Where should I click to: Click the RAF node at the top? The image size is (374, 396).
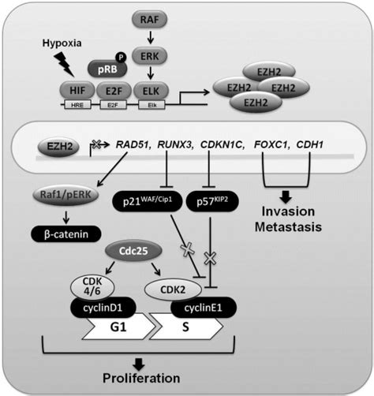[149, 20]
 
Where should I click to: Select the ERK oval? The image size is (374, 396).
[149, 56]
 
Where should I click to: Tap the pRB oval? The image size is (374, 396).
[107, 69]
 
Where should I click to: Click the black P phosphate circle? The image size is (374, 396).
[121, 57]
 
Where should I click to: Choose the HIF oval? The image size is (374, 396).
[77, 91]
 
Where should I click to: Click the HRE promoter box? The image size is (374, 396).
[77, 105]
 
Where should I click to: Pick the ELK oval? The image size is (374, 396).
[151, 91]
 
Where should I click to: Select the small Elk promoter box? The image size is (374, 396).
[152, 105]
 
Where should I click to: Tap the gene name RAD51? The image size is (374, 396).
[133, 144]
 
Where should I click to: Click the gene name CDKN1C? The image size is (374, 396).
[222, 144]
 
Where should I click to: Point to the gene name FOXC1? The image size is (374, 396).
[271, 144]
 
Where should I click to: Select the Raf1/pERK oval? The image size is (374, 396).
[65, 195]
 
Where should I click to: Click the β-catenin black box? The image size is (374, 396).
[66, 234]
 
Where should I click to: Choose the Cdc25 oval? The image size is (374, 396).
[133, 251]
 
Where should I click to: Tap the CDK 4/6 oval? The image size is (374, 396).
[92, 287]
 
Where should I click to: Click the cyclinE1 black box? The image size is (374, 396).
[204, 308]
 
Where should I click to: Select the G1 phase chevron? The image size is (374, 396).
[118, 327]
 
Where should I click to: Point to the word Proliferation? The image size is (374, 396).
[141, 378]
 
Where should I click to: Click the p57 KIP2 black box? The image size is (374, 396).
[212, 201]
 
